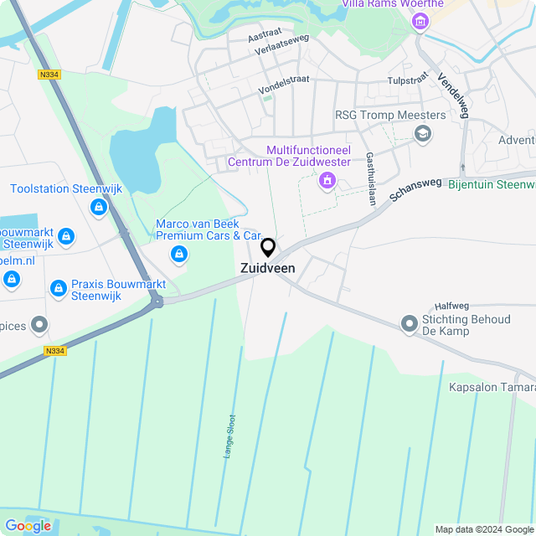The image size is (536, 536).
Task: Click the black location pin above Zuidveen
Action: point(268,248)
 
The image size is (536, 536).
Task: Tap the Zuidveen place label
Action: point(267,268)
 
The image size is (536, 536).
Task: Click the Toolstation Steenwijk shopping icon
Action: point(99,206)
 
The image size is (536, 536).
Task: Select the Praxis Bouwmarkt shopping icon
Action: point(58,289)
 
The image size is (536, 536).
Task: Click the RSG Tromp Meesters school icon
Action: point(423,133)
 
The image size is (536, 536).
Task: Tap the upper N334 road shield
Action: point(49,75)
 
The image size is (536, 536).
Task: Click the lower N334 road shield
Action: point(54,351)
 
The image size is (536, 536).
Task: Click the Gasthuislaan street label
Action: point(369,178)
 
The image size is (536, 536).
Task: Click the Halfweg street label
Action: point(454,307)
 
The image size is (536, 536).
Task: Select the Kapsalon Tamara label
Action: point(492,387)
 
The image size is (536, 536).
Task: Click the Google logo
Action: point(28,525)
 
